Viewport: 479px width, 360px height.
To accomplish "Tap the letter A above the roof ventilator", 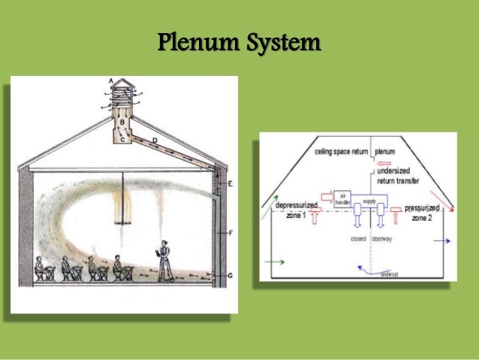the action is tap(111, 80).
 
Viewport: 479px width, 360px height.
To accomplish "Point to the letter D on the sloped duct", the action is tap(154, 140).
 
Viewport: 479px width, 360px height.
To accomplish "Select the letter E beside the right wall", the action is tap(230, 183).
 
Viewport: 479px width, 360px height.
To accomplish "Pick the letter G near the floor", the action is tap(230, 277).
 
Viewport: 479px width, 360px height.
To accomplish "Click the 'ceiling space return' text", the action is tap(341, 152).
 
